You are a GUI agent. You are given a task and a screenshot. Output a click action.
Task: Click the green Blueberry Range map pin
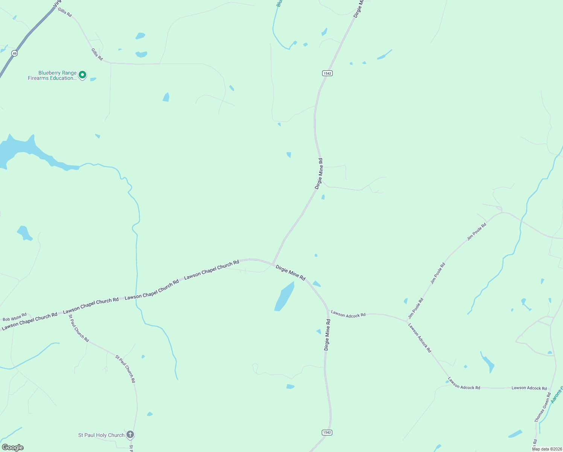tap(82, 75)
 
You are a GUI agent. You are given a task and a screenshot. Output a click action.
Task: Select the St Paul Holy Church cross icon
tap(130, 435)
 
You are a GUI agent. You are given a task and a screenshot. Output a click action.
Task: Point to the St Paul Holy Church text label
tap(101, 435)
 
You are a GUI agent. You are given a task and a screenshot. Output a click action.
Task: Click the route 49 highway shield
tap(14, 53)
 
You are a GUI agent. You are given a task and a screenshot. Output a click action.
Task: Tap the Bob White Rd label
tap(15, 317)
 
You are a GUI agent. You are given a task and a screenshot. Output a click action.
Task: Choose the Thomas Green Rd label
tap(542, 407)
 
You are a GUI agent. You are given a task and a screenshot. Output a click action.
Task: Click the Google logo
tap(13, 447)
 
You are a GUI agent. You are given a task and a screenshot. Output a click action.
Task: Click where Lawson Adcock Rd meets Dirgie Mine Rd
tap(328, 311)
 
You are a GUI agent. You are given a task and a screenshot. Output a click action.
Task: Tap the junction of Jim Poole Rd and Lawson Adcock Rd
tap(408, 321)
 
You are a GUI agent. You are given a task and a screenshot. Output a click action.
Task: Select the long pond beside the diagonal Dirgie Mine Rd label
tap(285, 296)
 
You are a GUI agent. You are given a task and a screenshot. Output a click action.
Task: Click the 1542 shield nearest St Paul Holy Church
tap(327, 432)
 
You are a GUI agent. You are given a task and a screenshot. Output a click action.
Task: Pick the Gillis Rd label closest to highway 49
tap(65, 12)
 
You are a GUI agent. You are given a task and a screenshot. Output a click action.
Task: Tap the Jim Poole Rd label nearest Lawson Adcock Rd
tap(416, 308)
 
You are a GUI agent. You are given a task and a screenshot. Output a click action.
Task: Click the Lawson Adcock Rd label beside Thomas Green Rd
tap(529, 388)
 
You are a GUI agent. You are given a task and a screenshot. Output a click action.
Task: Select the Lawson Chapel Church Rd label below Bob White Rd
tap(29, 321)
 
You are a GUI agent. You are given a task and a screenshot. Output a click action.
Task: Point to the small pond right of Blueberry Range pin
tap(93, 79)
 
